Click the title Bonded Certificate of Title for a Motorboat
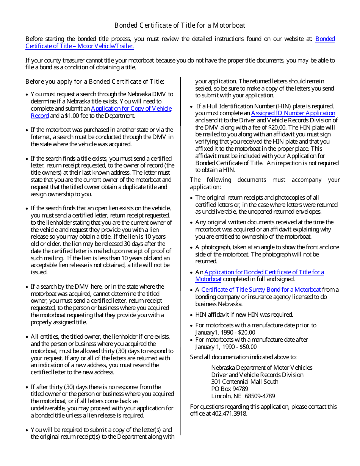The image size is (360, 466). [180, 25]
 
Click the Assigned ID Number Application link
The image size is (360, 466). [293, 113]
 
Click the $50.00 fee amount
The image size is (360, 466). [248, 347]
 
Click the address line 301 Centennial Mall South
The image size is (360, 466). [245, 382]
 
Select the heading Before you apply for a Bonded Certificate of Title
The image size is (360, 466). [95, 82]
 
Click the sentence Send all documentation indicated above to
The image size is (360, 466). [243, 357]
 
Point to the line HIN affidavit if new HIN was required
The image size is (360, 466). [244, 315]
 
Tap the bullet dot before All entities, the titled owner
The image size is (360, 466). [27, 337]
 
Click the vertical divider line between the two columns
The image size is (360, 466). [180, 265]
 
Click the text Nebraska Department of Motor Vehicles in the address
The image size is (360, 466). [261, 368]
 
